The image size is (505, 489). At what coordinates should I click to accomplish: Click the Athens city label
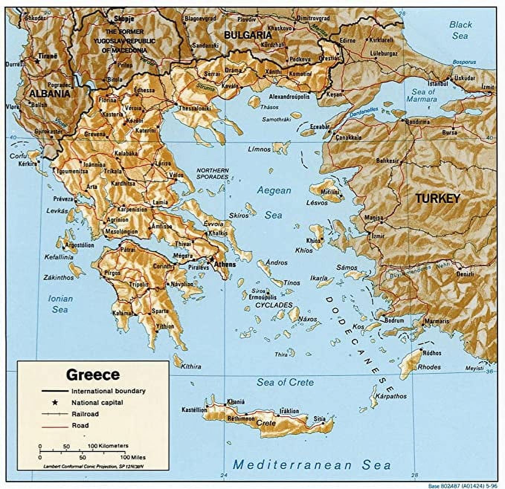pyautogui.click(x=225, y=265)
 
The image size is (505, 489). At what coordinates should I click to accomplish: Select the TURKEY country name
pyautogui.click(x=438, y=198)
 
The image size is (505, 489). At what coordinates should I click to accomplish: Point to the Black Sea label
pyautogui.click(x=460, y=30)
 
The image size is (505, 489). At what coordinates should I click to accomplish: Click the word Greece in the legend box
pyautogui.click(x=93, y=374)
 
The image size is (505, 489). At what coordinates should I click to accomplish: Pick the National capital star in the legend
pyautogui.click(x=55, y=402)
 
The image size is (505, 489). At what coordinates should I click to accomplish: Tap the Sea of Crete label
pyautogui.click(x=285, y=382)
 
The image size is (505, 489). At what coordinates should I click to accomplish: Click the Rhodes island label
pyautogui.click(x=429, y=367)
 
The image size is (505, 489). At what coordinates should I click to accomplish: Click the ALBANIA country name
pyautogui.click(x=49, y=94)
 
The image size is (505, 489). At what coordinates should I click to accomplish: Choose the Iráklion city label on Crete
pyautogui.click(x=289, y=411)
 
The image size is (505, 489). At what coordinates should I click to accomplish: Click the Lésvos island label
pyautogui.click(x=317, y=203)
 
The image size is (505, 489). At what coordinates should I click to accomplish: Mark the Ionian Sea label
pyautogui.click(x=60, y=304)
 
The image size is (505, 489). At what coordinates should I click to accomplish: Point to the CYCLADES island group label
pyautogui.click(x=274, y=305)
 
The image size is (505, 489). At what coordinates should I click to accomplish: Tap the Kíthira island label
pyautogui.click(x=191, y=366)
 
